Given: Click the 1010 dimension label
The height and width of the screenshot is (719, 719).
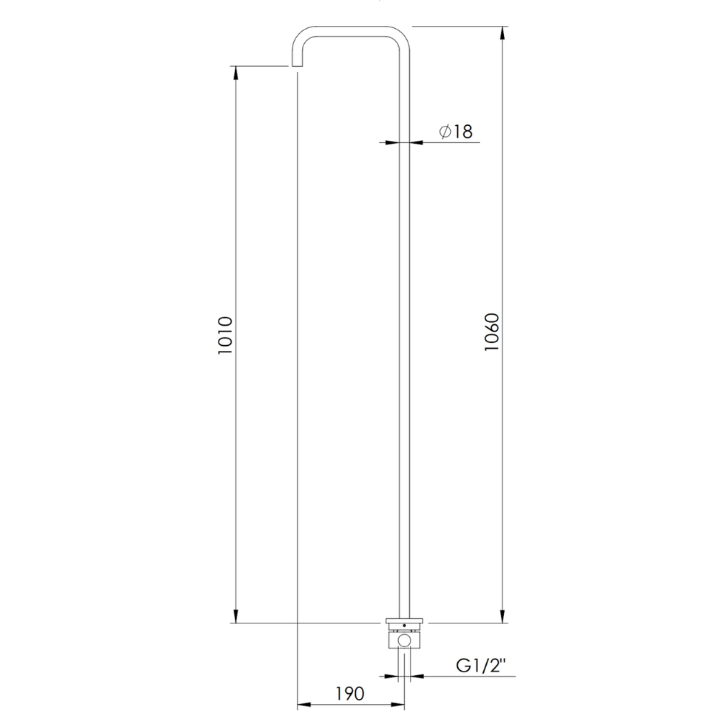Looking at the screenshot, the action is click(x=225, y=335).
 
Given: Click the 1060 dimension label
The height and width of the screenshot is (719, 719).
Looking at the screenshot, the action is click(x=492, y=332).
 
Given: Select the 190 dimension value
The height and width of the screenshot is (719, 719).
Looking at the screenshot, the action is click(x=350, y=693).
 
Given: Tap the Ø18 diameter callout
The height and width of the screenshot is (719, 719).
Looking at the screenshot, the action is click(x=455, y=131).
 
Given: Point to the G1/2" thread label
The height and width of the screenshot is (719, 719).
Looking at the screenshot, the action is click(x=480, y=665).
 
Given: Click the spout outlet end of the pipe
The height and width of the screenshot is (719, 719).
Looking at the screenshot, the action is click(x=297, y=65).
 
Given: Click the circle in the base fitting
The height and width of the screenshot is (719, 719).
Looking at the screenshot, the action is click(x=404, y=640).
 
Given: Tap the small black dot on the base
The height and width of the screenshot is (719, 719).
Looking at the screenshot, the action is click(x=404, y=626).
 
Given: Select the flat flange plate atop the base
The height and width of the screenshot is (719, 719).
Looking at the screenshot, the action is click(x=404, y=622).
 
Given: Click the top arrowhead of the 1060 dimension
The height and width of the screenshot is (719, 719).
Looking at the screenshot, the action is click(x=503, y=33).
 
